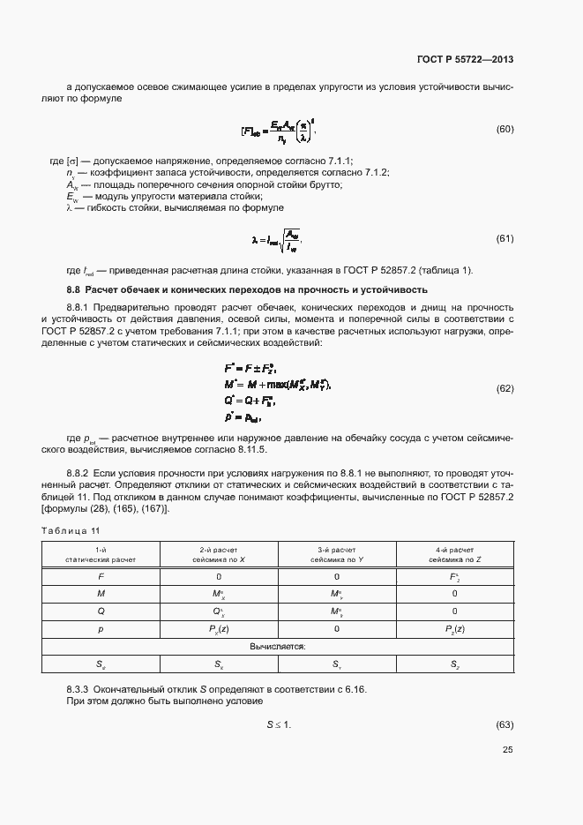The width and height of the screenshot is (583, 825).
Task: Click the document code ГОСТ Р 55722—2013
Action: [x=465, y=59]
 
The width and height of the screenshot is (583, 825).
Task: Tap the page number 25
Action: [x=507, y=750]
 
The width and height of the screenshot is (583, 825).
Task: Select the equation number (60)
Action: [x=505, y=130]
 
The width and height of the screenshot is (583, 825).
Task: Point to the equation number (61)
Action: [x=505, y=239]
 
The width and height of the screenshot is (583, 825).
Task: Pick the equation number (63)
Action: [x=505, y=724]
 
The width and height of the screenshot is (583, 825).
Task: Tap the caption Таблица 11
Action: [x=71, y=529]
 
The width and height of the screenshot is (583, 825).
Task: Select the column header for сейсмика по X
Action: [x=220, y=554]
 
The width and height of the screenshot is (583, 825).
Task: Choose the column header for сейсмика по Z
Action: [x=454, y=554]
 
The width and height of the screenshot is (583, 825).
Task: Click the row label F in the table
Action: [x=101, y=576]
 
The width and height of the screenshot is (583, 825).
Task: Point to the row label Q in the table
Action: [x=101, y=611]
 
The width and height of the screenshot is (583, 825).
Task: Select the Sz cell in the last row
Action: [x=454, y=664]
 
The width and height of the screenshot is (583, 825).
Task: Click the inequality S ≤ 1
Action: [x=279, y=724]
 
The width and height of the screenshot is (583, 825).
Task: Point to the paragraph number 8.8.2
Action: [x=81, y=474]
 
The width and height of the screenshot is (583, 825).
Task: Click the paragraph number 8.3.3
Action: [x=81, y=687]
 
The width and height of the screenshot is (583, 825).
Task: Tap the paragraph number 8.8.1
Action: [x=81, y=306]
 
